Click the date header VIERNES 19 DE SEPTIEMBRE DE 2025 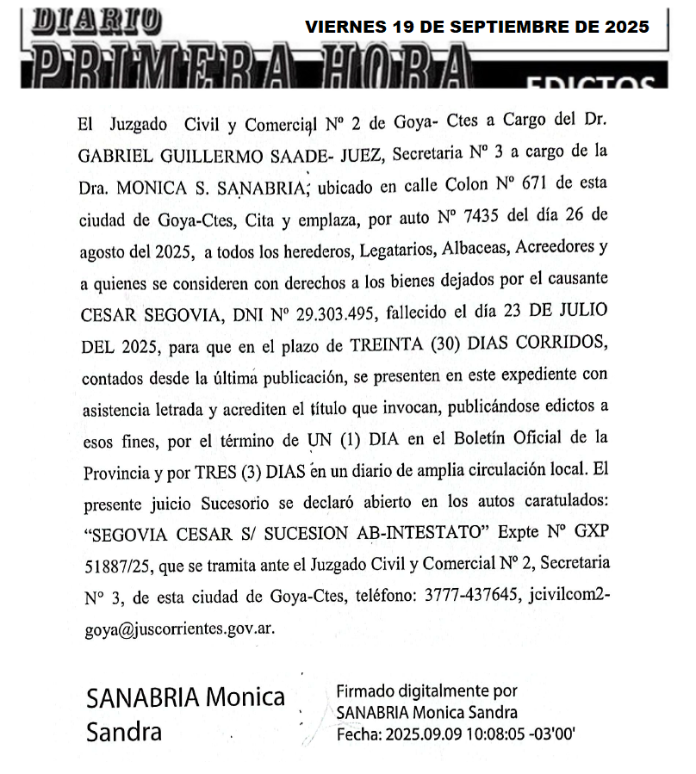(x=477, y=27)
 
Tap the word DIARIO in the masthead (x=95, y=20)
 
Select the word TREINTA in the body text (x=387, y=344)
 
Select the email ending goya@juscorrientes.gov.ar (x=180, y=628)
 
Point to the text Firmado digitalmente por (x=426, y=691)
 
